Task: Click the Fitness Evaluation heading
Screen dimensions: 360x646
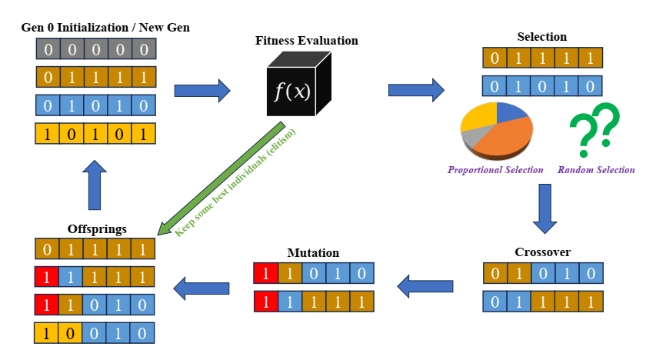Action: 306,40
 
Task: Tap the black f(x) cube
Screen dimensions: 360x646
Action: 292,92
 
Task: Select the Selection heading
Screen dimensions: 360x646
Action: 542,36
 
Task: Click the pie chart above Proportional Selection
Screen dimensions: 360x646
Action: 496,130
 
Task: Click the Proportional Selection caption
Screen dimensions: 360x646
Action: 495,170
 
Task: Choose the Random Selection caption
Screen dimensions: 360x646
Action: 596,170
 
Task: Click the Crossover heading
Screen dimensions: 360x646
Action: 542,252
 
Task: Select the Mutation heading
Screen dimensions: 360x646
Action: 313,252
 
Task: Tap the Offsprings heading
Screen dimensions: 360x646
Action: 96,228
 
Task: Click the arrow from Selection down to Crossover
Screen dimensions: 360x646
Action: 544,208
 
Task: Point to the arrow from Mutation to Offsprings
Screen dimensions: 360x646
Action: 201,288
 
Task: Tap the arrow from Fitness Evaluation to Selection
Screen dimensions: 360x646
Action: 416,91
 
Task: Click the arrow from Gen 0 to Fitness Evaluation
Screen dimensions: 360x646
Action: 202,91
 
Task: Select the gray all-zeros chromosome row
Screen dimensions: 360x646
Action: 95,50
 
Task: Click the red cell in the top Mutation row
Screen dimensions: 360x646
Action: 265,273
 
